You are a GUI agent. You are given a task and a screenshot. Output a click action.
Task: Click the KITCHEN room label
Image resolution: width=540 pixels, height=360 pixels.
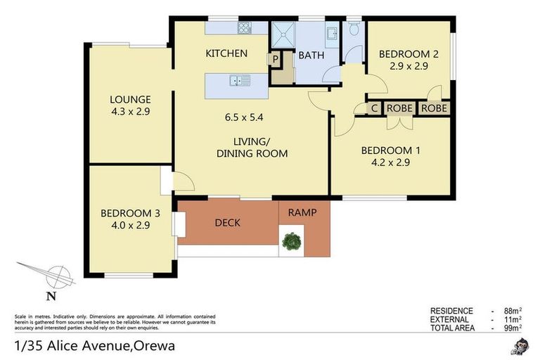(x=226, y=53)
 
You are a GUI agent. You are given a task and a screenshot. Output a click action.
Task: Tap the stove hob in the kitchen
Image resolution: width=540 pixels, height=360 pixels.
(x=245, y=29)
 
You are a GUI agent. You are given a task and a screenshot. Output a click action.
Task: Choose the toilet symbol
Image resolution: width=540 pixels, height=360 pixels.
(x=354, y=29)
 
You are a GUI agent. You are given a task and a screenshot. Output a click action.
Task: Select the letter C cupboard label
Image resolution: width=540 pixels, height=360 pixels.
(x=375, y=108)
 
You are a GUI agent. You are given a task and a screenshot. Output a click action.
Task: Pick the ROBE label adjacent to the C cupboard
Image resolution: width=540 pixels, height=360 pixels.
(x=399, y=108)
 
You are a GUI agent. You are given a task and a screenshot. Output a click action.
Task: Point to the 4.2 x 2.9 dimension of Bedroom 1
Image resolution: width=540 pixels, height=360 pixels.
(x=385, y=162)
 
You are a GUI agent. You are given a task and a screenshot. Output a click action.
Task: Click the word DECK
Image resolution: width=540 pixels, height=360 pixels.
(x=227, y=223)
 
